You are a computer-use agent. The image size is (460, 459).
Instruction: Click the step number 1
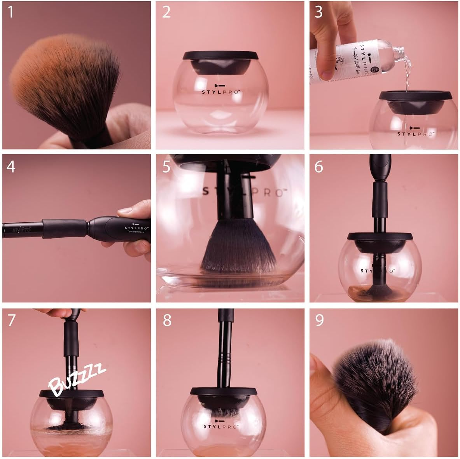point(10,12)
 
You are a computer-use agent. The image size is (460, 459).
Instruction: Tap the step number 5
point(166,166)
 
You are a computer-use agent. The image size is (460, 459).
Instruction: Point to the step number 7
point(11,320)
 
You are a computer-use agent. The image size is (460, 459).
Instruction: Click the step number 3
point(318,12)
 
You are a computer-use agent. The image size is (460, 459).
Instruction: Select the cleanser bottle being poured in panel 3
point(350,58)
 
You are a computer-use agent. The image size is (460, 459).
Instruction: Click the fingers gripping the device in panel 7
point(58,312)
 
